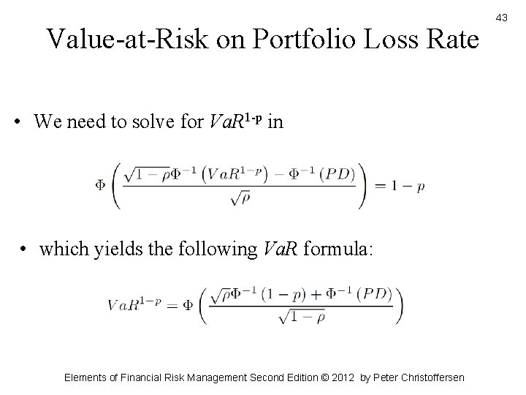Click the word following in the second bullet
(x=208, y=249)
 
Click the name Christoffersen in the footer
(x=431, y=377)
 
